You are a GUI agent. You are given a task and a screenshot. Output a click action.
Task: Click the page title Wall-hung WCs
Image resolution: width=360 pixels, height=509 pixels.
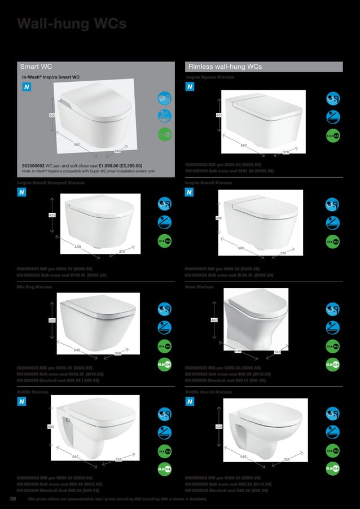(x=72, y=24)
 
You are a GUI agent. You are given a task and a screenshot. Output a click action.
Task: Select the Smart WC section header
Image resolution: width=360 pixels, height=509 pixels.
(x=36, y=67)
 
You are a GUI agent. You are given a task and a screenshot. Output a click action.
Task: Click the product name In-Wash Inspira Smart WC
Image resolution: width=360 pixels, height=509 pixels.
(x=51, y=76)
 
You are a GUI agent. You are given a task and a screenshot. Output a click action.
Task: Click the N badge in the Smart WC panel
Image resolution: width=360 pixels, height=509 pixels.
(x=27, y=87)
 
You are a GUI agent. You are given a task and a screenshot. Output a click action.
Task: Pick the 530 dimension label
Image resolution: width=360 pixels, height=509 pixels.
(x=238, y=352)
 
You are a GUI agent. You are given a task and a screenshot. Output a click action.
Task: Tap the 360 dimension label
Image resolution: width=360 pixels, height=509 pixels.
(x=278, y=352)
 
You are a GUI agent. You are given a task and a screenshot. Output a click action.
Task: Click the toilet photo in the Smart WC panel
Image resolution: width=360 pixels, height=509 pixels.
(x=94, y=116)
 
